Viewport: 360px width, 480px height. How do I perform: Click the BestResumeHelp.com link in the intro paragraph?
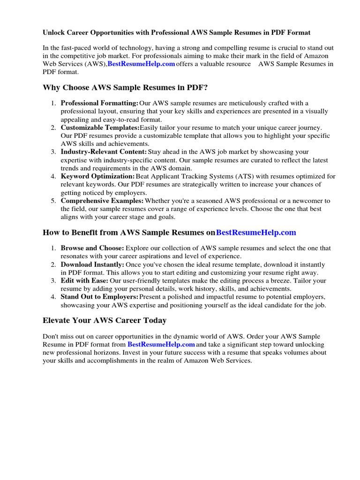[x=141, y=64]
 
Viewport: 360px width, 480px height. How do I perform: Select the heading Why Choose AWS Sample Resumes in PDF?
[x=125, y=88]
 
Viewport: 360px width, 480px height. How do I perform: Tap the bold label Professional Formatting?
[x=99, y=103]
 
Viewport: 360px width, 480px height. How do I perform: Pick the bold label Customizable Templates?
[x=100, y=127]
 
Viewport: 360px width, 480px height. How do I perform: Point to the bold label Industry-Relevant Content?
[x=104, y=152]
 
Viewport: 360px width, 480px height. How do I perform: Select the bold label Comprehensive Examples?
[x=102, y=201]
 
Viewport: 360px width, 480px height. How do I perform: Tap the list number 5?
[x=53, y=201]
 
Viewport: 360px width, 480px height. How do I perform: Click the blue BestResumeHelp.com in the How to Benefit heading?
[x=256, y=232]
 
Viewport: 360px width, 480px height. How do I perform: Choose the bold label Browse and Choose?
[x=92, y=248]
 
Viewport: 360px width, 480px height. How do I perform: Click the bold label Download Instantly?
[x=92, y=264]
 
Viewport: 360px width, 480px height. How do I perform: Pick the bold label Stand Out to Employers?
[x=99, y=297]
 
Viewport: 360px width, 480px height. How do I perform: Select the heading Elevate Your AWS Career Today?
[x=105, y=321]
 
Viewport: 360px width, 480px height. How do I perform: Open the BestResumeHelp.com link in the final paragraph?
[x=161, y=345]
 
